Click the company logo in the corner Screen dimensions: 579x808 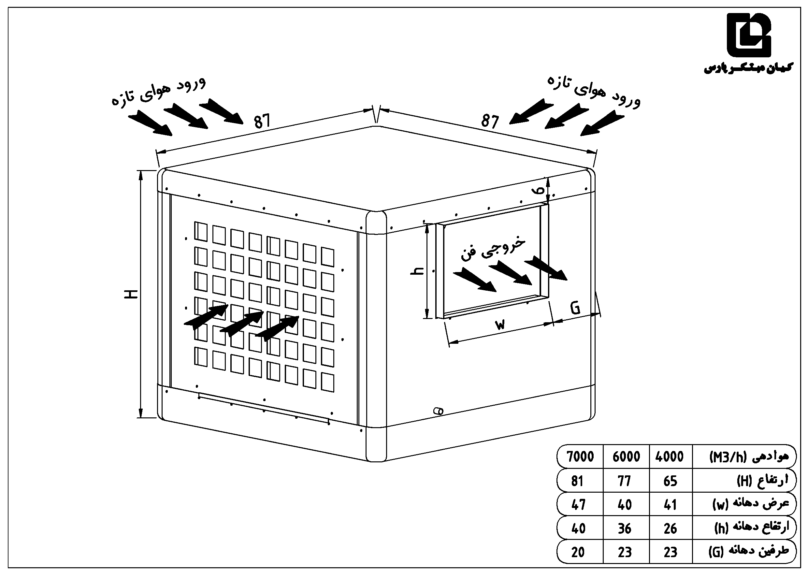[x=748, y=35]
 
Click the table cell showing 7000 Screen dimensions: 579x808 [x=580, y=456]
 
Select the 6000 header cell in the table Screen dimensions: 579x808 [x=626, y=456]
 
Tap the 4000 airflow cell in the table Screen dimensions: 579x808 [x=670, y=456]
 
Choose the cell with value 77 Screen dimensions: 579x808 [x=624, y=481]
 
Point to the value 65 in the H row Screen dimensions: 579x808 [x=670, y=481]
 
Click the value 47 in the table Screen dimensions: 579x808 [x=578, y=504]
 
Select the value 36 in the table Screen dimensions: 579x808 [x=625, y=528]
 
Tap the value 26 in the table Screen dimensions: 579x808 [x=670, y=528]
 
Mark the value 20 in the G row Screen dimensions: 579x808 [x=578, y=552]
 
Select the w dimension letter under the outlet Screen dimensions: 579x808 [x=500, y=324]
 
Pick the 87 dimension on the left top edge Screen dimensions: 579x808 [x=262, y=121]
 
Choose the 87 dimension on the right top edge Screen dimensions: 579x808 [x=490, y=122]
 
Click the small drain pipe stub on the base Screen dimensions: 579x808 [x=438, y=411]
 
